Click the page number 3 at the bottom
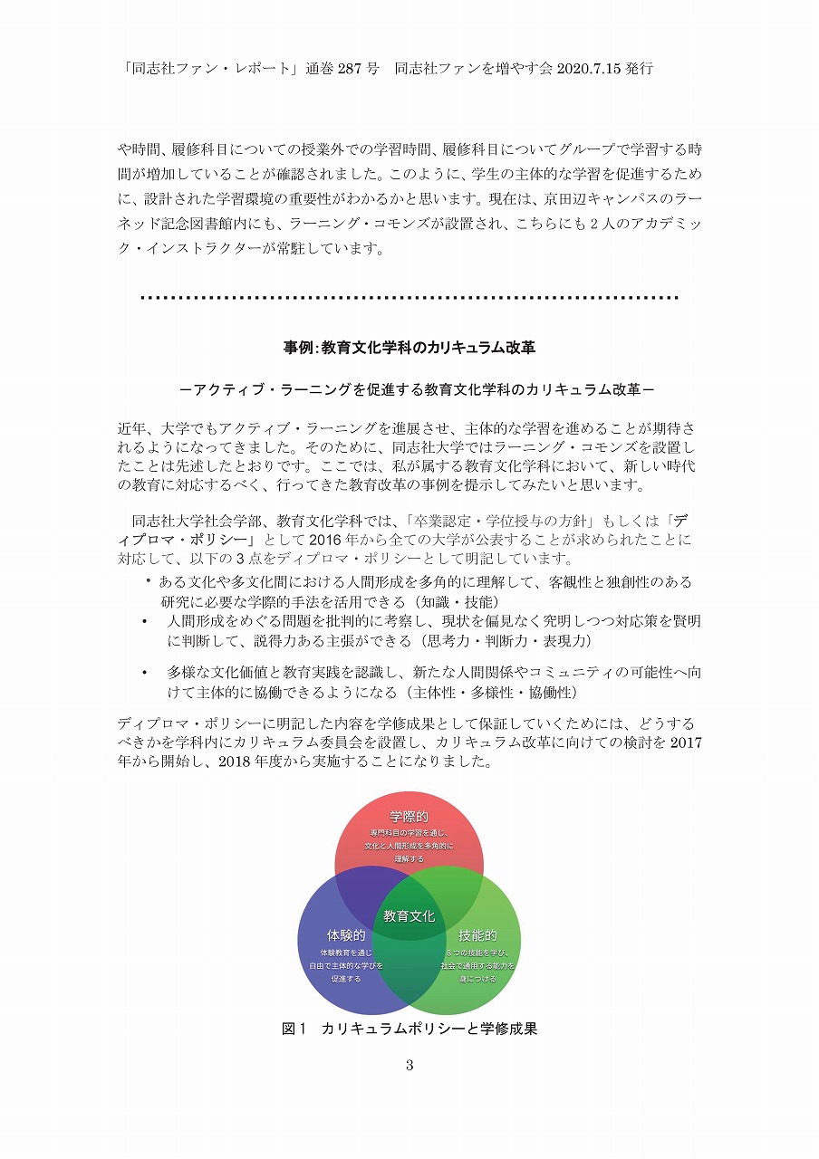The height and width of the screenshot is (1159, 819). click(409, 1065)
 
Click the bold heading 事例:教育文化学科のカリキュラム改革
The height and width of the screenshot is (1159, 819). click(409, 347)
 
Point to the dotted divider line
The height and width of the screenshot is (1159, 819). click(409, 297)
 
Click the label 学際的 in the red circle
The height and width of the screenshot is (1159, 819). click(409, 817)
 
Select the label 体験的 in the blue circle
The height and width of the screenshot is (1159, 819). click(346, 935)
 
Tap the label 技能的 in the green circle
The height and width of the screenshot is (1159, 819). click(477, 935)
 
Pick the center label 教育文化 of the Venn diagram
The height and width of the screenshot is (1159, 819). click(409, 915)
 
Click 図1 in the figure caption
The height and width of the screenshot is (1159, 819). click(295, 1029)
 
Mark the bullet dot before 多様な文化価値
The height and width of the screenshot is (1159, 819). click(144, 673)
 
